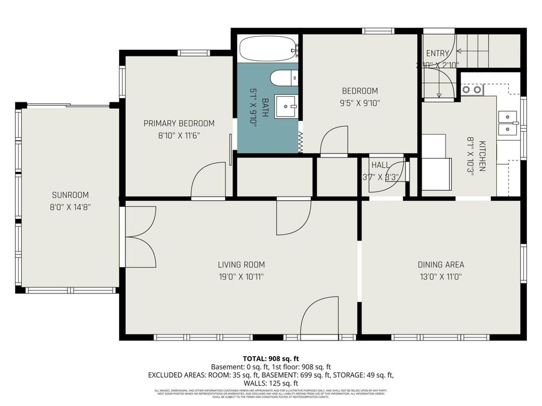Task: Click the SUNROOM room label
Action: click(70, 195)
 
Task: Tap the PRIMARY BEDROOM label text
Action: click(178, 123)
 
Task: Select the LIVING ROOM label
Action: click(241, 265)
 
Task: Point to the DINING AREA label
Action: click(441, 265)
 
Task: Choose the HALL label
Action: click(380, 165)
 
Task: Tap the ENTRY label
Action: click(437, 54)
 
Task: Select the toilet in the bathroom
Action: click(284, 78)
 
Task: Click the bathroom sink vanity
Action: click(287, 106)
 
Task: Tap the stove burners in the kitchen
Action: click(472, 90)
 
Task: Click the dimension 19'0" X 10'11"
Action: click(241, 277)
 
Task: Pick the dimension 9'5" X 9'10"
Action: click(360, 103)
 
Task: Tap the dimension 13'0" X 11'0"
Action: click(441, 277)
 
